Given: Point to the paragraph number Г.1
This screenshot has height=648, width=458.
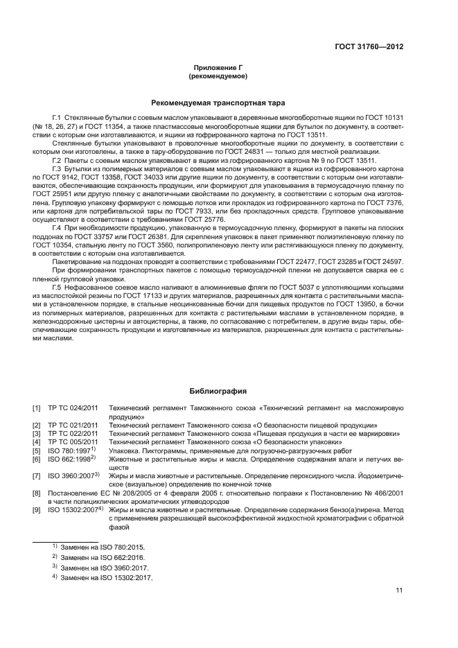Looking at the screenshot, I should [x=58, y=119].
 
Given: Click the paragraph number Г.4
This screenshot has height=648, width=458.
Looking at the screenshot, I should [x=58, y=227].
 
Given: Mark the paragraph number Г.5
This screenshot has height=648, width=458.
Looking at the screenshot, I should [x=58, y=285].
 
